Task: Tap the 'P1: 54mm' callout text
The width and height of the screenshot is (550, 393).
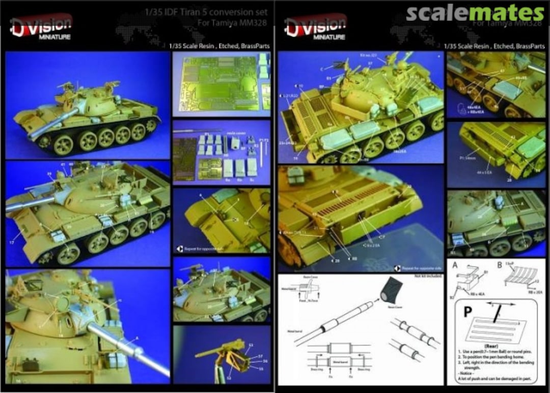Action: tap(466, 158)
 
